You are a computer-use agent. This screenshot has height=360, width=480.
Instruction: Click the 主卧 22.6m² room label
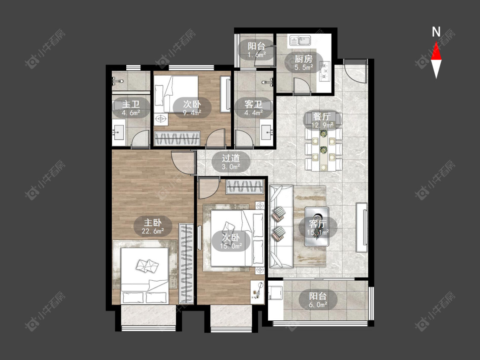pyautogui.click(x=153, y=226)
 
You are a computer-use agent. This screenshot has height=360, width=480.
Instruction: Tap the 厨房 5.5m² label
pyautogui.click(x=304, y=62)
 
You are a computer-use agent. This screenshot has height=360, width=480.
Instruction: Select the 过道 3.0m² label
pyautogui.click(x=231, y=162)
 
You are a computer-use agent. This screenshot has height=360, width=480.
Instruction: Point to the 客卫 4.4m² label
pyautogui.click(x=253, y=108)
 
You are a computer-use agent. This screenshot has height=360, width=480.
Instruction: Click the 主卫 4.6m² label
pyautogui.click(x=131, y=108)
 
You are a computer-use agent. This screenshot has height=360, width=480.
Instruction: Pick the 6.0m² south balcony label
pyautogui.click(x=318, y=300)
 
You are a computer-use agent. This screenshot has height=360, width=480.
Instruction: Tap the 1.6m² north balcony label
pyautogui.click(x=256, y=50)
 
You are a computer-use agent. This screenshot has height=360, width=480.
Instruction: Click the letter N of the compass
pyautogui.click(x=436, y=32)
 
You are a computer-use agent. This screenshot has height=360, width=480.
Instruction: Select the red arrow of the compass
pyautogui.click(x=436, y=51)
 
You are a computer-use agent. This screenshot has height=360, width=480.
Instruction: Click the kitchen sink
pyautogui.click(x=300, y=41)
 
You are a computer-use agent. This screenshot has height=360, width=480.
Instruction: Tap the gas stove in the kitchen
pyautogui.click(x=325, y=71)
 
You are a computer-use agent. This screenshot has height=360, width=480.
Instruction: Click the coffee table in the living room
pyautogui.click(x=317, y=226)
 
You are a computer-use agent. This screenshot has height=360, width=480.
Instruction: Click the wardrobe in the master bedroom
pyautogui.click(x=186, y=264)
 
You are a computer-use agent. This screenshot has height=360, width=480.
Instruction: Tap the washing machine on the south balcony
pyautogui.click(x=276, y=293)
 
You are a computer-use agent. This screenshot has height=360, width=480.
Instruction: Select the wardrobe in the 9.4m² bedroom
pyautogui.click(x=177, y=138)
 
